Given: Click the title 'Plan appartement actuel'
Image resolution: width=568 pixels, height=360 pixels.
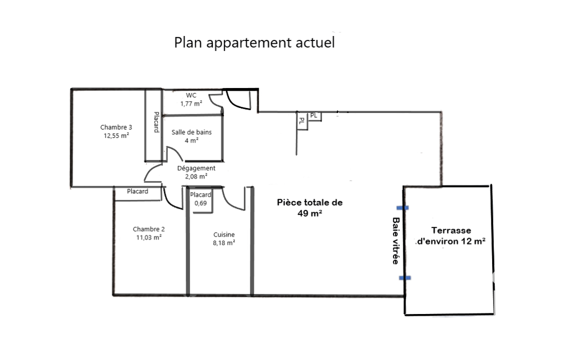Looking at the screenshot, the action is click(x=254, y=43).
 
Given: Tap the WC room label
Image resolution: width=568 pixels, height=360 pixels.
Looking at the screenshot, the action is click(x=191, y=95).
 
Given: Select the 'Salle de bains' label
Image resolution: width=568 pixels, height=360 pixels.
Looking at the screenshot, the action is click(x=192, y=132).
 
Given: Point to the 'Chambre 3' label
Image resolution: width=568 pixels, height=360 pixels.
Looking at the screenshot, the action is click(x=116, y=127).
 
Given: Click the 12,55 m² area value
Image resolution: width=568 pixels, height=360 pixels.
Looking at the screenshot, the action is click(x=116, y=136).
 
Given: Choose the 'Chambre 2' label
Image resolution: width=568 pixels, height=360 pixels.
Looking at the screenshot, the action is click(x=149, y=229).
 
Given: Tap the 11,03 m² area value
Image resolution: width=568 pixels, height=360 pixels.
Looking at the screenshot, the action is click(x=149, y=238).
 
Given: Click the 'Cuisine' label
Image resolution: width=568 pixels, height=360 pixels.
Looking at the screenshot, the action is click(x=224, y=234).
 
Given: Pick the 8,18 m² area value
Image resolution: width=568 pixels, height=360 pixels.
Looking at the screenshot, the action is click(x=224, y=243).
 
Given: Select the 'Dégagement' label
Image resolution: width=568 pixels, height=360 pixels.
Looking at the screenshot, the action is click(x=196, y=168).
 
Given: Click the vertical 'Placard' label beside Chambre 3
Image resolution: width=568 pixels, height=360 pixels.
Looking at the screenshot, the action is click(x=156, y=122).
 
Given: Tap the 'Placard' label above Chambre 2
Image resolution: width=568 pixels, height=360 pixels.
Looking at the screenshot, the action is click(x=137, y=191).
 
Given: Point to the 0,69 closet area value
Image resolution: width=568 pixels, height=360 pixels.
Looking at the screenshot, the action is click(x=201, y=203).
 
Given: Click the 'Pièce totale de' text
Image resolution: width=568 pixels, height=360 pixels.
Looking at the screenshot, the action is click(x=310, y=203).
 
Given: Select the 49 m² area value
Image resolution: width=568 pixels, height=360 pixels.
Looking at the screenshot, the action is click(x=310, y=213).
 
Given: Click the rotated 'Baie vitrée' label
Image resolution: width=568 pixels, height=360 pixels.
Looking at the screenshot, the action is click(x=396, y=241).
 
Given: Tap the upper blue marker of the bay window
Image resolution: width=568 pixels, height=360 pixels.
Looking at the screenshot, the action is click(x=403, y=208).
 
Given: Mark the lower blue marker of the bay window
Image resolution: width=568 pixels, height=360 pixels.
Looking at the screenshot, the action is click(x=405, y=278).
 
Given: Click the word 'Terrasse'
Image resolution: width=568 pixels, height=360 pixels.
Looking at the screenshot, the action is click(x=452, y=230).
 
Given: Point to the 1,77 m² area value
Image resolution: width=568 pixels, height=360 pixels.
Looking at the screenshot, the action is click(x=191, y=104).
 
